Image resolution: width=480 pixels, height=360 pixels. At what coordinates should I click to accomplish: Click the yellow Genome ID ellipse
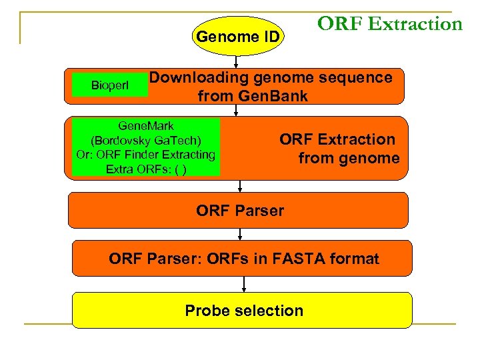pyautogui.click(x=238, y=37)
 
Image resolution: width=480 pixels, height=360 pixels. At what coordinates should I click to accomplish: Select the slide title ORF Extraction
pyautogui.click(x=389, y=25)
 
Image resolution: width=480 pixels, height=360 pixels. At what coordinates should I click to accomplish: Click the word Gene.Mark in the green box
pyautogui.click(x=146, y=126)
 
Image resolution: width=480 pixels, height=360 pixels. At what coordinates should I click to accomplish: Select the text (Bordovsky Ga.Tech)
pyautogui.click(x=145, y=141)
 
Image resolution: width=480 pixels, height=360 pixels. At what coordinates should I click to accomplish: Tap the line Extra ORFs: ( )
pyautogui.click(x=146, y=169)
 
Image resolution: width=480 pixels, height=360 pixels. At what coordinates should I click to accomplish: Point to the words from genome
pyautogui.click(x=349, y=159)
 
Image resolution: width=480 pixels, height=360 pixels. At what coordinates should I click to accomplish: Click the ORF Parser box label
pyautogui.click(x=240, y=211)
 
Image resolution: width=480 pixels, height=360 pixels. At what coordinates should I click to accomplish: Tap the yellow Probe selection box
pyautogui.click(x=242, y=311)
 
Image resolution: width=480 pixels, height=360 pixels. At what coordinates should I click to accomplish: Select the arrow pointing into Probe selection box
pyautogui.click(x=245, y=284)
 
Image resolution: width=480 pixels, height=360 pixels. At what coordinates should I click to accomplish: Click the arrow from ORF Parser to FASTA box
pyautogui.click(x=240, y=234)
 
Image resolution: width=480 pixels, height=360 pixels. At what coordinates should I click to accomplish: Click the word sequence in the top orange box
pyautogui.click(x=359, y=77)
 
